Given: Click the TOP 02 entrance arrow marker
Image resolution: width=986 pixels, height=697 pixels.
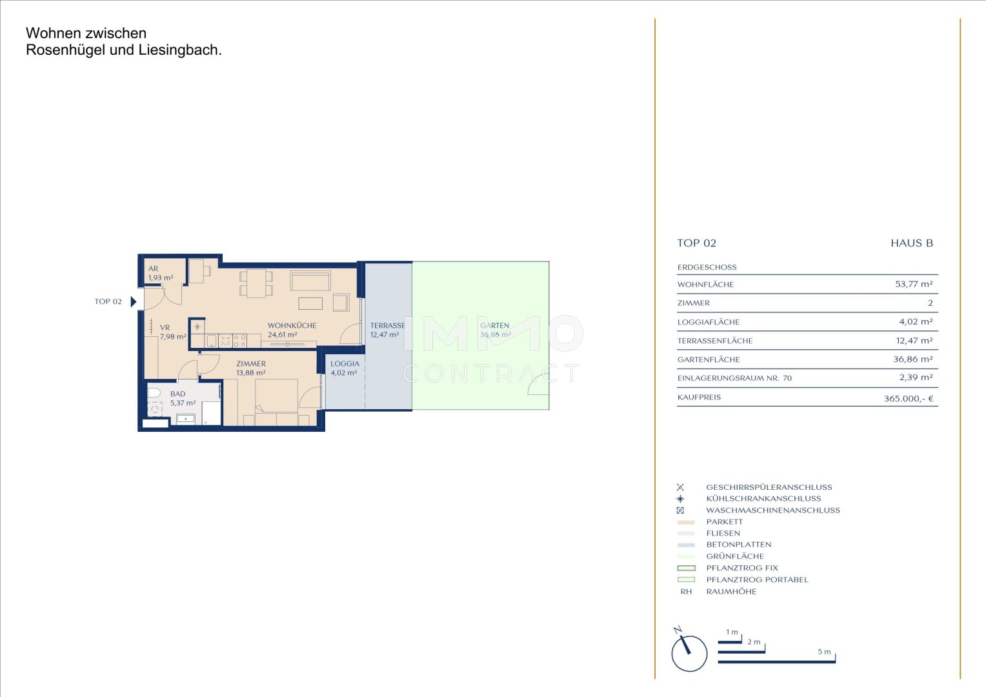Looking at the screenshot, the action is click(134, 301).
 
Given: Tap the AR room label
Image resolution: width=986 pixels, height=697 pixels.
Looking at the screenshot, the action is click(153, 268).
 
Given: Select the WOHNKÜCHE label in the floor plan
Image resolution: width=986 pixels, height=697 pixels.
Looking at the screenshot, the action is click(292, 326).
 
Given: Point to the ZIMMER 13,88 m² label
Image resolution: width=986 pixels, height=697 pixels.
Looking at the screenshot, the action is click(251, 368).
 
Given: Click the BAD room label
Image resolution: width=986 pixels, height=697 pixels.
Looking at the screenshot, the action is click(178, 394).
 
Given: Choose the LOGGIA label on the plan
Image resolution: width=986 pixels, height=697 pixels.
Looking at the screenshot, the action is click(345, 364).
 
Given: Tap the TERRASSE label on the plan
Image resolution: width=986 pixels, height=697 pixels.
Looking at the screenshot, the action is click(387, 326).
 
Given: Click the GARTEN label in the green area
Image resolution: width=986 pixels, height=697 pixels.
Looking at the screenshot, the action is click(495, 326).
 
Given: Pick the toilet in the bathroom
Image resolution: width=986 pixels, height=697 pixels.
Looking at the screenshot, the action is click(154, 393).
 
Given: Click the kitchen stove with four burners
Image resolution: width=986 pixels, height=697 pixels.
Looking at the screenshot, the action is click(240, 341).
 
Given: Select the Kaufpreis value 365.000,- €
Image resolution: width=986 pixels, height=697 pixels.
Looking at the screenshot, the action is click(909, 398).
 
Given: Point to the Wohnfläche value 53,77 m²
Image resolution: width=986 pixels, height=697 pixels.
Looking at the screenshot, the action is click(914, 284).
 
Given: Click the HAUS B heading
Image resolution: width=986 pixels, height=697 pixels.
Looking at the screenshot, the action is click(912, 243).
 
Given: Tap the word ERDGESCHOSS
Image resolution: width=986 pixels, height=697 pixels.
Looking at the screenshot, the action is click(707, 267).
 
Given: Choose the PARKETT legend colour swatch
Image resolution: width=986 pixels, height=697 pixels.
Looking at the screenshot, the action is click(686, 522).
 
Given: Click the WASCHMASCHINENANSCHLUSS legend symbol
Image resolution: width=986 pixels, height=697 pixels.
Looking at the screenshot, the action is click(681, 510).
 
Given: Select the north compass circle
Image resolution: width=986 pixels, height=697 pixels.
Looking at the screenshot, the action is click(689, 653).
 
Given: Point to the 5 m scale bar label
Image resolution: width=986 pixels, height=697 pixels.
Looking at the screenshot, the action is click(825, 652).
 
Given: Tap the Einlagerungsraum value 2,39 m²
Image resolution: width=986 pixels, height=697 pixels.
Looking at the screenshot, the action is click(916, 378).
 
